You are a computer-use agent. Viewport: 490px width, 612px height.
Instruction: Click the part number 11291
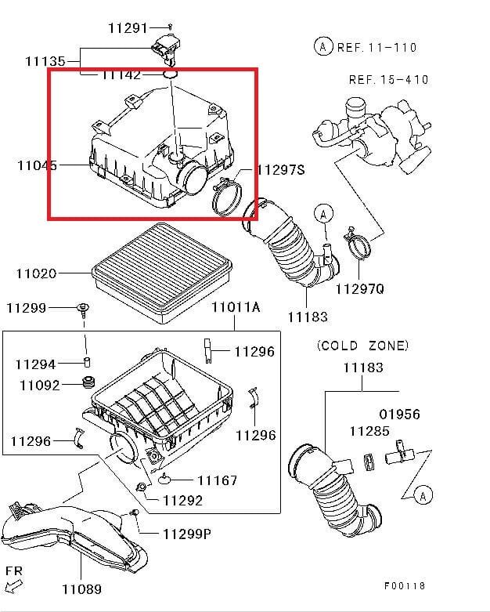pos(128,28)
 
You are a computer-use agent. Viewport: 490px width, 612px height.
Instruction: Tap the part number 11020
pos(36,273)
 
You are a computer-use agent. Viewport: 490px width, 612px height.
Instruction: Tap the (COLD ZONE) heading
pos(362,346)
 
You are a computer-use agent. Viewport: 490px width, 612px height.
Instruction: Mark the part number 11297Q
pos(359,288)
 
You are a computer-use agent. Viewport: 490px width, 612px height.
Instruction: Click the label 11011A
pos(235,307)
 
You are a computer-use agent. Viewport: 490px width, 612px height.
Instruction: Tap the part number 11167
pos(217,480)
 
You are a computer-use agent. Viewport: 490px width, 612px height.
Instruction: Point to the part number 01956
pos(400,414)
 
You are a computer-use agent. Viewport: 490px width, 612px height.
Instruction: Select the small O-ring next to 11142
pos(171,75)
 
